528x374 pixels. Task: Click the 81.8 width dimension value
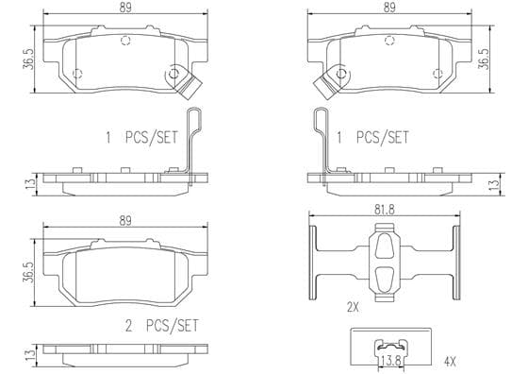click(x=385, y=210)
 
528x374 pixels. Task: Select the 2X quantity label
click(x=353, y=307)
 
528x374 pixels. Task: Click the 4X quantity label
click(x=450, y=362)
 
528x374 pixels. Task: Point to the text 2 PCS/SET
click(x=162, y=326)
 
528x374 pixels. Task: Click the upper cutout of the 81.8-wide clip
click(x=385, y=246)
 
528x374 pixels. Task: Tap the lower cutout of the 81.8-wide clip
click(x=385, y=279)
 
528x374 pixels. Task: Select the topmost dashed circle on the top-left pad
click(x=125, y=41)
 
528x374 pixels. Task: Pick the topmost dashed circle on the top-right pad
click(x=389, y=41)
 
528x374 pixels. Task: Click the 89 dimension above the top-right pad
click(x=389, y=8)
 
